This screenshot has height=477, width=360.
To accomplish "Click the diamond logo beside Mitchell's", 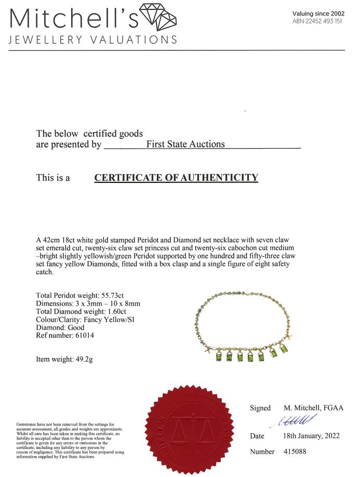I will point(159,16).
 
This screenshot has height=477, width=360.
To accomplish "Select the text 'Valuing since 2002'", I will point(318,14).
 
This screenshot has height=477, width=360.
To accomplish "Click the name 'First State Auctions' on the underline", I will point(185,144).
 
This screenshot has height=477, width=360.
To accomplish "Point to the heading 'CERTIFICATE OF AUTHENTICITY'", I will point(176,178).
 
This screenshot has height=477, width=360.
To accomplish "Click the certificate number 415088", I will point(295,452).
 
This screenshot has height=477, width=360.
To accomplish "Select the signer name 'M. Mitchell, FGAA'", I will point(313,408).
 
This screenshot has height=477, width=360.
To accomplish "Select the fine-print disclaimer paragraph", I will point(70,441).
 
